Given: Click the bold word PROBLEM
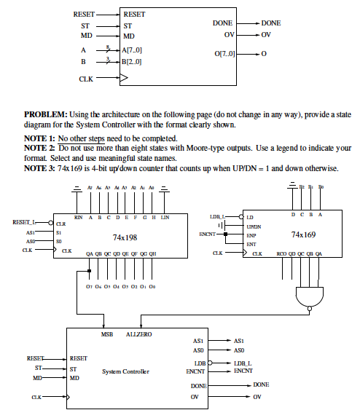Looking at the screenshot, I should [46, 114].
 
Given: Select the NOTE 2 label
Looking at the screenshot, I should [39, 148].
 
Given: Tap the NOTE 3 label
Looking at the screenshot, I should [39, 168].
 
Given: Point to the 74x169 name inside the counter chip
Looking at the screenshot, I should [303, 234].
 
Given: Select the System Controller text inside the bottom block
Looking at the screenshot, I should [125, 371].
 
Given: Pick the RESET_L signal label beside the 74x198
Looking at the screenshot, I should [24, 221].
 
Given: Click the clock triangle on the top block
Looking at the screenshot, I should [125, 77].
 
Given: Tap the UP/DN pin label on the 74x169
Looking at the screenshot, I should [254, 226].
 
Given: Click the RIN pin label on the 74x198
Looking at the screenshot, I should [79, 217].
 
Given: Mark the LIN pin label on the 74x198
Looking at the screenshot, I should [165, 217].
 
